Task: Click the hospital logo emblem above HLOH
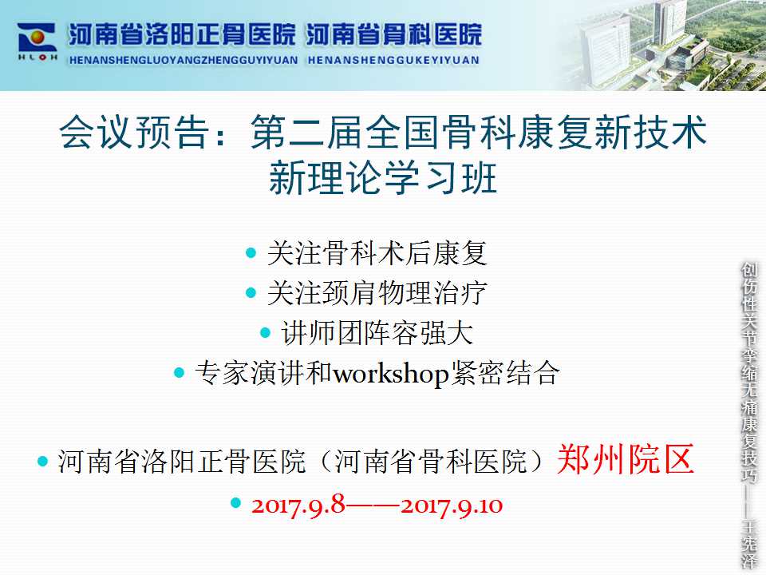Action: (38, 38)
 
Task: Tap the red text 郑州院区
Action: (626, 459)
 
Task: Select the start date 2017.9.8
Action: (298, 505)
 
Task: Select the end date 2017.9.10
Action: (452, 506)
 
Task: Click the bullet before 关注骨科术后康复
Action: (251, 253)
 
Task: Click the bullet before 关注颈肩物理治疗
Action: (251, 293)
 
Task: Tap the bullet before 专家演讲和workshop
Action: (180, 373)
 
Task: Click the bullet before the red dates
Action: (236, 502)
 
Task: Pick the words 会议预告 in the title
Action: (133, 132)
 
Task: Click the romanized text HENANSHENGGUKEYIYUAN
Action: (393, 60)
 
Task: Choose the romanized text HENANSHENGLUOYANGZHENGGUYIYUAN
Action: (184, 60)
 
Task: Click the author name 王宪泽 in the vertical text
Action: (749, 544)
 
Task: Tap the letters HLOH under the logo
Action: (38, 57)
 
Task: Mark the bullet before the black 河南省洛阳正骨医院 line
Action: (43, 461)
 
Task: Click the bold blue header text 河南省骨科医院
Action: (393, 35)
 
